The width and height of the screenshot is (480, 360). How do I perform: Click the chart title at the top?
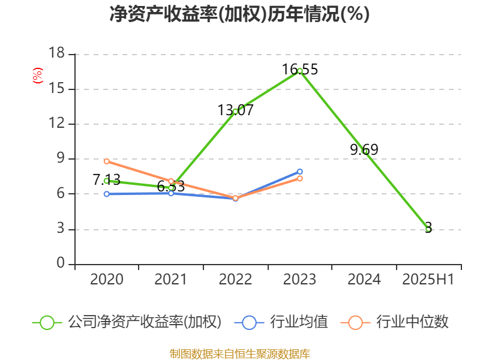[239, 14]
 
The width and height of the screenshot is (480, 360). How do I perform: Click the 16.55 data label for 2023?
[300, 70]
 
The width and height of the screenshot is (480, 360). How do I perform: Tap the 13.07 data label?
[235, 110]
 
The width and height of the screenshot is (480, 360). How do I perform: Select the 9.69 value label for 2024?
[364, 150]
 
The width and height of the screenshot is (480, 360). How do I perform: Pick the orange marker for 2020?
[106, 161]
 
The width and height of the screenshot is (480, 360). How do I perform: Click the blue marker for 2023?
[299, 172]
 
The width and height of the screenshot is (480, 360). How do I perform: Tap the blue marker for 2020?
[106, 194]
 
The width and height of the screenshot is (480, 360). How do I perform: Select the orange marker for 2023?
[299, 179]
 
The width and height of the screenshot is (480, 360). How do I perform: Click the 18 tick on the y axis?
[56, 54]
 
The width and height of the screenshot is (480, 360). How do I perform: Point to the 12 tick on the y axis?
[56, 124]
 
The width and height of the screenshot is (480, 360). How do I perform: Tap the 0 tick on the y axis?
[61, 264]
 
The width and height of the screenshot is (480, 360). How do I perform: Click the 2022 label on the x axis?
[235, 280]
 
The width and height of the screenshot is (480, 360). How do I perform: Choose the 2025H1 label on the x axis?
[428, 280]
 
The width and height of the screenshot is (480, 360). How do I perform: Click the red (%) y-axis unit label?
[37, 76]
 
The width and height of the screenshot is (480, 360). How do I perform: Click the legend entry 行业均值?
[284, 322]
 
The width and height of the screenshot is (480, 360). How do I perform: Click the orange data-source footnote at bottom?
[239, 353]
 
